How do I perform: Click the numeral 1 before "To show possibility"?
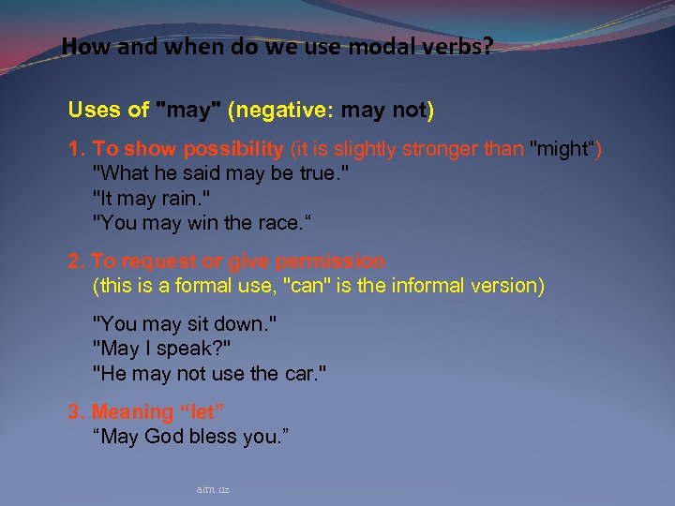click(74, 149)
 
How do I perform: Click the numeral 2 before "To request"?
click(74, 260)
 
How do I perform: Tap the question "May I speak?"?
click(162, 348)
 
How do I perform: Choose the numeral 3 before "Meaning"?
click(74, 411)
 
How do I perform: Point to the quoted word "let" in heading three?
click(205, 411)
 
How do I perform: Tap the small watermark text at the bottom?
click(213, 489)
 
